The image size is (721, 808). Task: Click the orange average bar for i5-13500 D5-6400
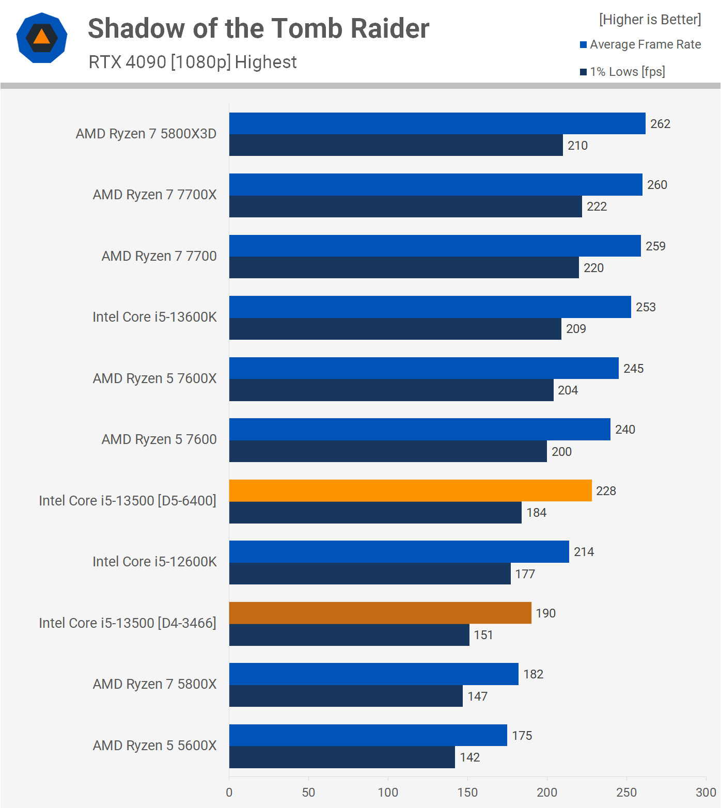click(410, 490)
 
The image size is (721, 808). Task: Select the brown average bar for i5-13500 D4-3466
click(380, 613)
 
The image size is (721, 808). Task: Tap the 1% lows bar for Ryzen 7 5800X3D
click(396, 145)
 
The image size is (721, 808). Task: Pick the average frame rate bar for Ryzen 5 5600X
click(368, 735)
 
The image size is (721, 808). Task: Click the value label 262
click(660, 124)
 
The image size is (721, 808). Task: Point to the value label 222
click(597, 207)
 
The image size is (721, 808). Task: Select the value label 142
click(469, 757)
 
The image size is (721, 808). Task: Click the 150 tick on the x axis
click(467, 793)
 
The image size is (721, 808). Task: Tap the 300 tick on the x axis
click(706, 793)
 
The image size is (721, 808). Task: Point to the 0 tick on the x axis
click(229, 793)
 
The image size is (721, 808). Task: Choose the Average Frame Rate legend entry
click(640, 44)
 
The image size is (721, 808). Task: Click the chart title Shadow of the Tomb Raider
click(258, 28)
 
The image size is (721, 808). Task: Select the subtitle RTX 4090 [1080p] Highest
click(193, 62)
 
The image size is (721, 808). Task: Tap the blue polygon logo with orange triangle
click(42, 38)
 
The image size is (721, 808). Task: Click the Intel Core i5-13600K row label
click(154, 317)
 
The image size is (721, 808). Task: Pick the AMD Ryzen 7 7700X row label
click(154, 195)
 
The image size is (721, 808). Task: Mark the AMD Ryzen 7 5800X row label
click(154, 684)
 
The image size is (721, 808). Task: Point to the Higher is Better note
click(650, 20)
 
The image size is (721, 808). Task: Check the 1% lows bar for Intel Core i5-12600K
click(370, 574)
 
